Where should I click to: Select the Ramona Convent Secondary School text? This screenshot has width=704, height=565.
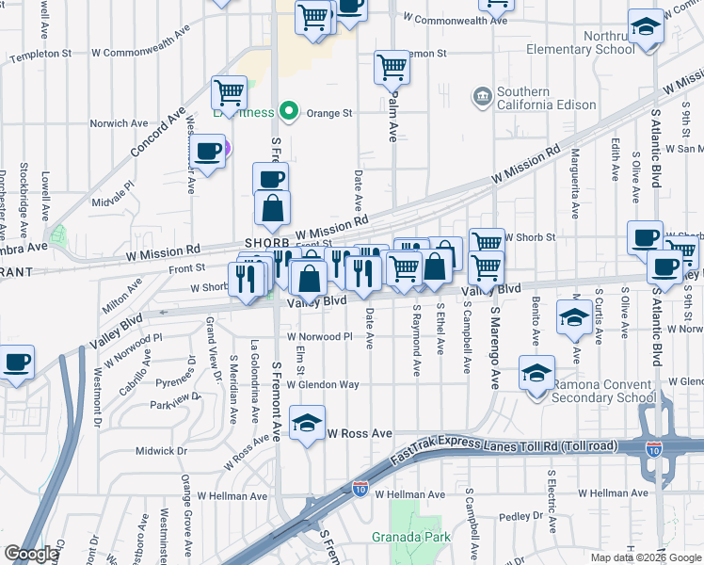[604, 391]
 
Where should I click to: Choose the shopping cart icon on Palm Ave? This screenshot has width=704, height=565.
[392, 67]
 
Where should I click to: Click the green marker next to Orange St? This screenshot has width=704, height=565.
[291, 113]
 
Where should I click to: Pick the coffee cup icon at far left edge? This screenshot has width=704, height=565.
[17, 363]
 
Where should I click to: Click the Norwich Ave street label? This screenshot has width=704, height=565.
[119, 122]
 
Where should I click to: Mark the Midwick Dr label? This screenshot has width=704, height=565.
[156, 451]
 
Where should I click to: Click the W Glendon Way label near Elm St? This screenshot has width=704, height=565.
[324, 384]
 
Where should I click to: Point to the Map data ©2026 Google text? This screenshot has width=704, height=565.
[645, 557]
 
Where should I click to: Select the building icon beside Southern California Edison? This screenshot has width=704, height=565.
[483, 95]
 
